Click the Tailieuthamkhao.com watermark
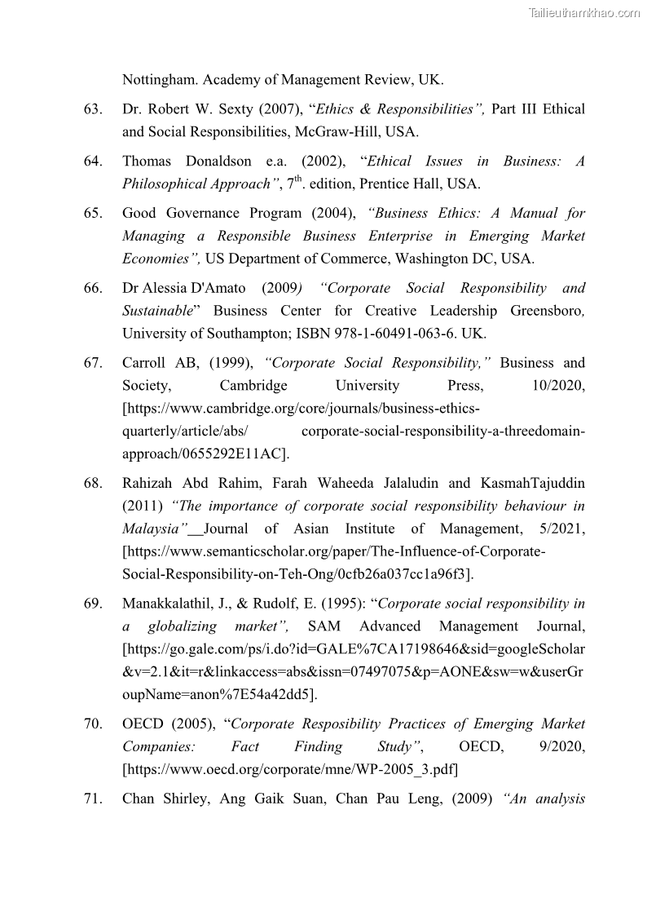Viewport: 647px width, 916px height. [584, 12]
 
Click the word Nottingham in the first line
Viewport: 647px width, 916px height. [160, 80]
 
